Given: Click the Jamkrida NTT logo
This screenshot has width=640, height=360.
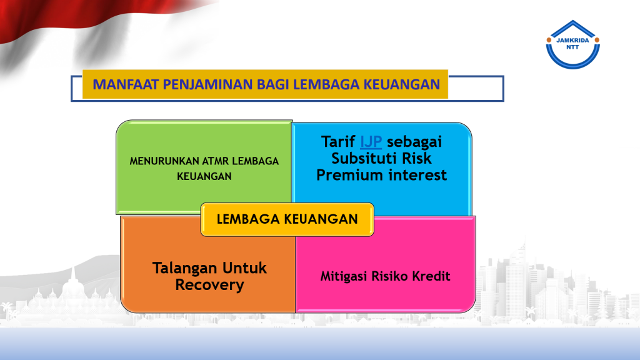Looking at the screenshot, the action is coord(572,44).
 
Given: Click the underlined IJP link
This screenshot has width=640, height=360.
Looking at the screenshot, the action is coord(371,142).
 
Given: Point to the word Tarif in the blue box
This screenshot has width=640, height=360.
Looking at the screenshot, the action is coord(338,142).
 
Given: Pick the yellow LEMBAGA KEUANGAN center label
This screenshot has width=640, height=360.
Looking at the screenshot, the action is coord(287,219).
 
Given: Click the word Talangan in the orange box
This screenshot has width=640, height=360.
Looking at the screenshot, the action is coord(184,268).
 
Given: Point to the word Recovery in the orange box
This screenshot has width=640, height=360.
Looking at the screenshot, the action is coord(210,285).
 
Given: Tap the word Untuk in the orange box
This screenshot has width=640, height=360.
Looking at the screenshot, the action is coord(244,268).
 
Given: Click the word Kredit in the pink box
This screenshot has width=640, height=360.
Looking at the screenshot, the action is coord(431,276).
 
